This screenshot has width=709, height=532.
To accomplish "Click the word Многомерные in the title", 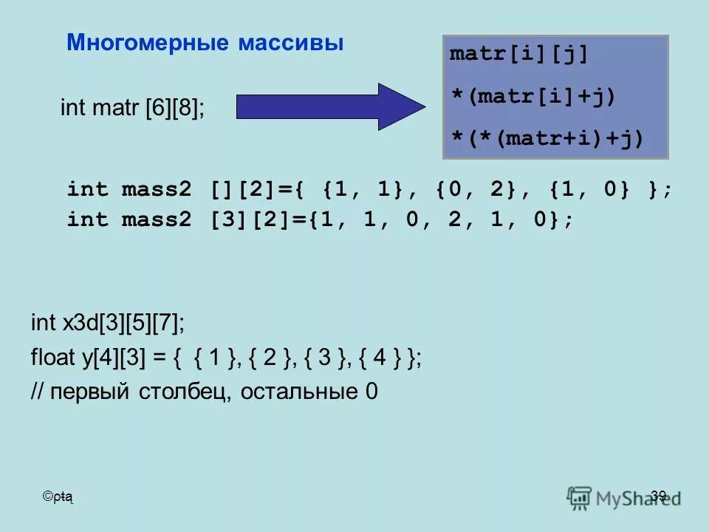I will coord(148,43).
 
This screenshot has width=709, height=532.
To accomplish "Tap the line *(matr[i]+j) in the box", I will coord(532,96).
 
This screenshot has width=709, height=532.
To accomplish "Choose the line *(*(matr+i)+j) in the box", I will coord(547,137).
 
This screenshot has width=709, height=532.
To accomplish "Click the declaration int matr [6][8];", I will coord(133,108).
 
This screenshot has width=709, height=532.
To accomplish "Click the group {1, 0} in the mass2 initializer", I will coord(591,190).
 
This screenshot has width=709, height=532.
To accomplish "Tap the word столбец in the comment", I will coord(184,392).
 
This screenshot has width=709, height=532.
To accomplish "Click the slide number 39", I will coord(659,496).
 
